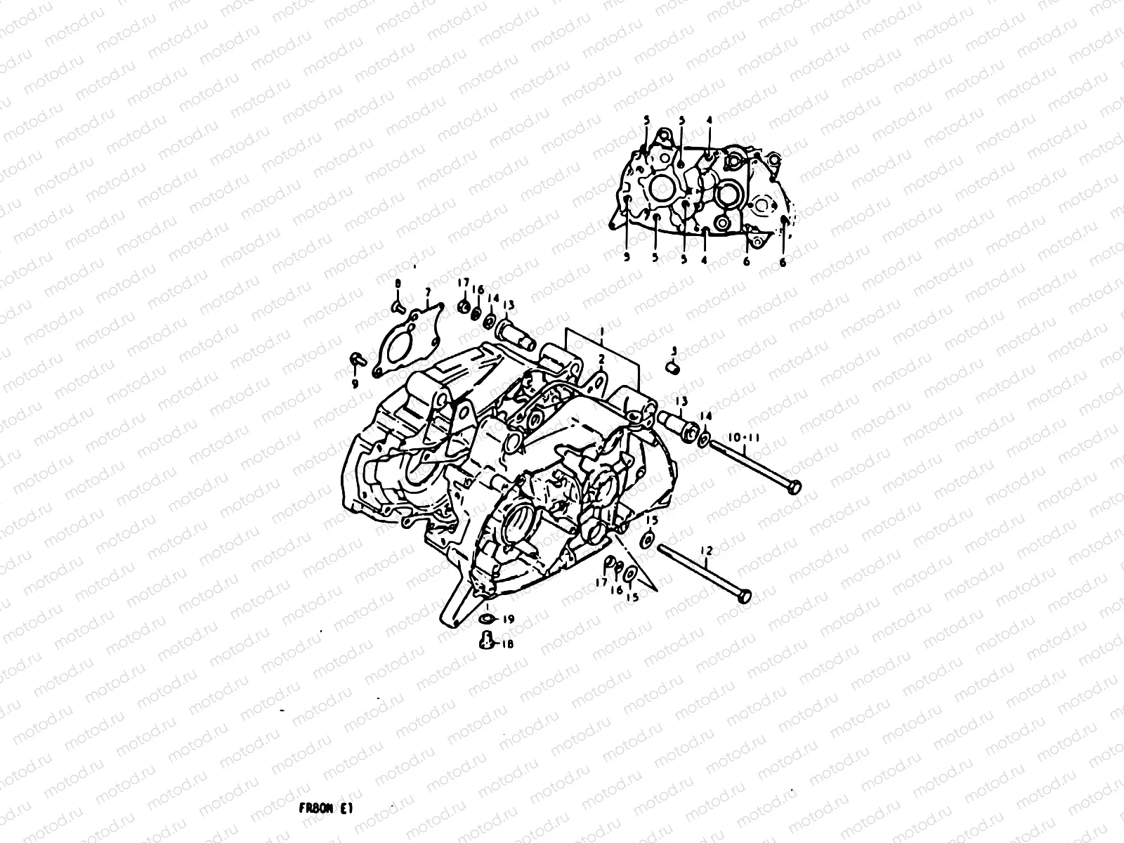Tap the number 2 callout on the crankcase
click(x=601, y=359)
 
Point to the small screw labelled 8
click(x=396, y=306)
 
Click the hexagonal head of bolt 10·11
click(x=795, y=486)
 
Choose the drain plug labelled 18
click(x=485, y=640)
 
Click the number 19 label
click(x=509, y=619)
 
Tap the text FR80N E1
click(x=319, y=809)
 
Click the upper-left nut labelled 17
click(x=464, y=306)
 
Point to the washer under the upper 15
click(x=647, y=540)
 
